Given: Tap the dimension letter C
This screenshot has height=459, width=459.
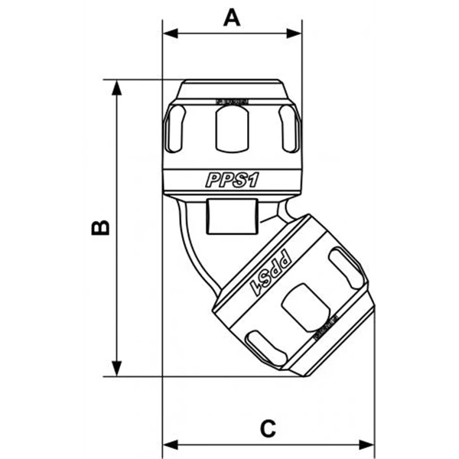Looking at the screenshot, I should pos(268,428).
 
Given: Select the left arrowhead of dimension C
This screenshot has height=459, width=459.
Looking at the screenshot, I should pos(170,444).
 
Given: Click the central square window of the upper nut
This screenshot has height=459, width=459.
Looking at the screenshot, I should pos(233,127).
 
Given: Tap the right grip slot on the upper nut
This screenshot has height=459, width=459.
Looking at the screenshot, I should pos(288,129).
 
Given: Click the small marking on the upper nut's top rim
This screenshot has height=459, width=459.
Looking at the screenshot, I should pos(231,100).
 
